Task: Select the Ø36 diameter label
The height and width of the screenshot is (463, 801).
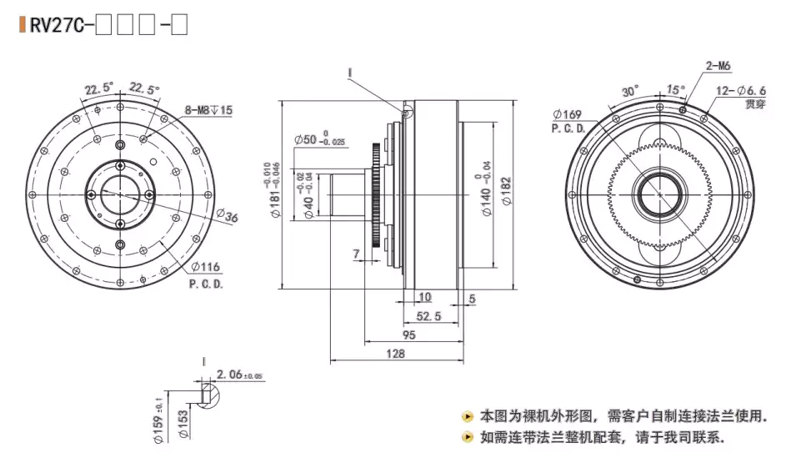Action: [x=228, y=219]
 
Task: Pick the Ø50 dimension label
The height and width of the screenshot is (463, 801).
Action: [x=319, y=138]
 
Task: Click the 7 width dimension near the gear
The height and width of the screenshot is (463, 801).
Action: [x=357, y=253]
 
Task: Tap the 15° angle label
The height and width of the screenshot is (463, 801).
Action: [x=675, y=89]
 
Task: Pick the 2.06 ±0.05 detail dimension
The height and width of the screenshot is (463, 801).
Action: [x=239, y=375]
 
